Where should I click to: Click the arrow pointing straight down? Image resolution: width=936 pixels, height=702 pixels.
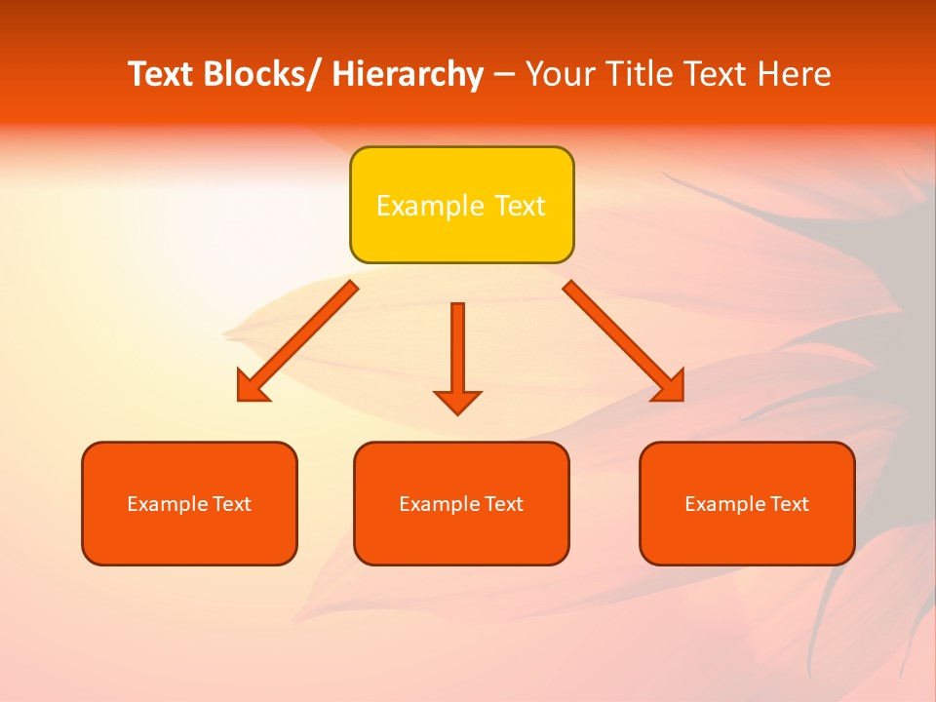click(457, 356)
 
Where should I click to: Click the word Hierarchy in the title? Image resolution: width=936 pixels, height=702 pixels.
click(408, 74)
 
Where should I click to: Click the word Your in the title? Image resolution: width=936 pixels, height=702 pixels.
click(559, 74)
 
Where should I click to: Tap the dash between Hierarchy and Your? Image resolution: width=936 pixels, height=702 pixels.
click(504, 74)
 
